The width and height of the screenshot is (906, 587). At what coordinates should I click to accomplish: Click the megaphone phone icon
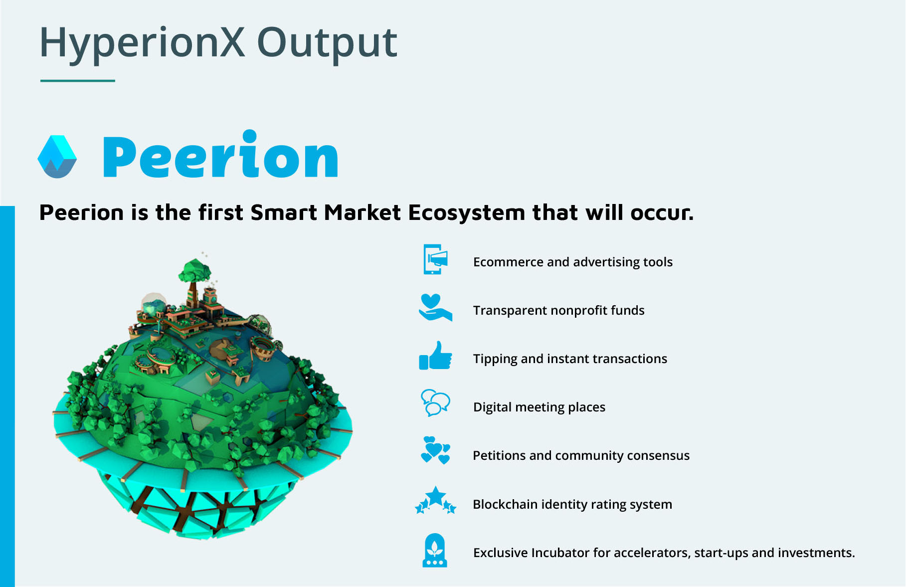click(435, 259)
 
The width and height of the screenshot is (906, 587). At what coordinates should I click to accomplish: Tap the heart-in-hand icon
click(435, 308)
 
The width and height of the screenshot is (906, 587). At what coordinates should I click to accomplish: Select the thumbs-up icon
click(435, 356)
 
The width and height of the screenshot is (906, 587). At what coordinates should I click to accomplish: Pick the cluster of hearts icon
click(435, 450)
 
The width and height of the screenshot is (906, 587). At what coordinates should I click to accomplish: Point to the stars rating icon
click(435, 500)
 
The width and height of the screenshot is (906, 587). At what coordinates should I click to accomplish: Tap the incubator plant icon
click(435, 551)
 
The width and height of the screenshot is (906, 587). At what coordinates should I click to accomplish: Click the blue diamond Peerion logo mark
click(57, 157)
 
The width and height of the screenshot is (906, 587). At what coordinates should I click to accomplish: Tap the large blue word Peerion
click(220, 155)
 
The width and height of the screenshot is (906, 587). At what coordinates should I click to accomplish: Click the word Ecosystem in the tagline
click(467, 213)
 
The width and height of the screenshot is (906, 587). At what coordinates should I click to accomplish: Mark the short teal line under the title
click(78, 80)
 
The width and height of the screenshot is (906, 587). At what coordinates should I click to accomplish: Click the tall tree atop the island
click(194, 279)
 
